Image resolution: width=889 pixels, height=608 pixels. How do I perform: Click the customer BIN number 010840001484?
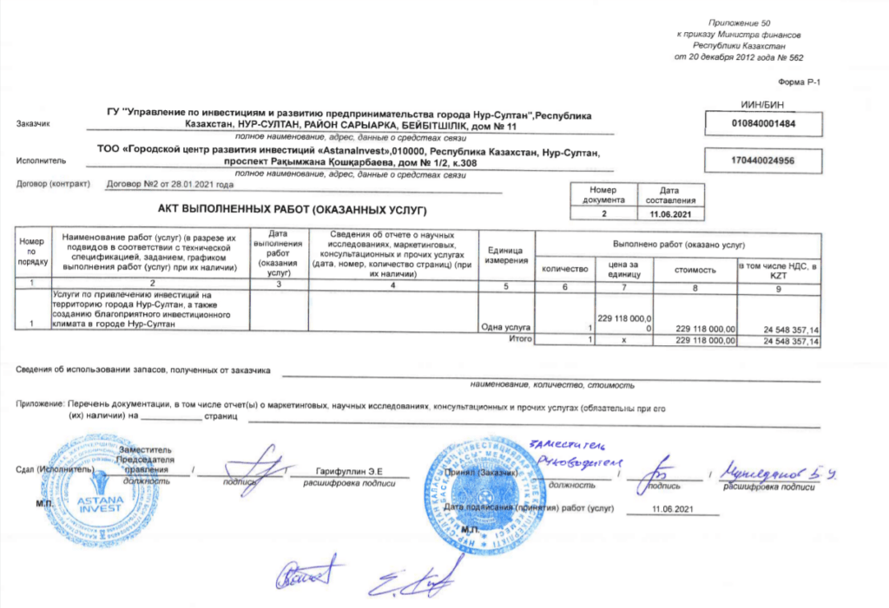click(x=764, y=123)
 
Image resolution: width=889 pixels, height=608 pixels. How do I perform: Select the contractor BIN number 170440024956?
click(x=764, y=160)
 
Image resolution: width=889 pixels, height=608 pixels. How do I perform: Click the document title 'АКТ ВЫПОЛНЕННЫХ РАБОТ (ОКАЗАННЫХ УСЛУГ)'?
click(x=293, y=211)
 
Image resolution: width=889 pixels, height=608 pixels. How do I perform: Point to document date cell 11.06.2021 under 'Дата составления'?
click(x=668, y=212)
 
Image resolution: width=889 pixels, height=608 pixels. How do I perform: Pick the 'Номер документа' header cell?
click(x=603, y=194)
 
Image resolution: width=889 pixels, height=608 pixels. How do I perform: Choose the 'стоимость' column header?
click(x=695, y=270)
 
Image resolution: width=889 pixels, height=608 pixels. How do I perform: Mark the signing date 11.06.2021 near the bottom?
click(x=674, y=507)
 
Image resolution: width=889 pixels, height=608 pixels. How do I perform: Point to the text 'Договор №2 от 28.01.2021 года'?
click(x=169, y=184)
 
